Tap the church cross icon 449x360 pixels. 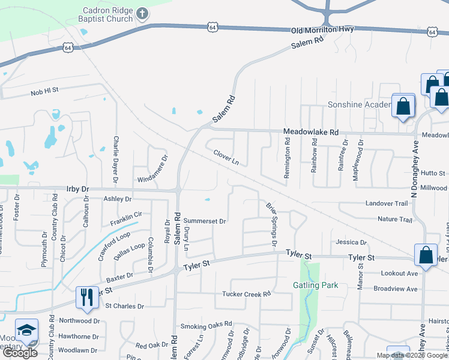click(x=142, y=13)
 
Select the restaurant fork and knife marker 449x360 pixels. click(x=86, y=297)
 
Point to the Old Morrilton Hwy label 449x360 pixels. click(x=323, y=29)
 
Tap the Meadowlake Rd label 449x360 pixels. click(x=311, y=132)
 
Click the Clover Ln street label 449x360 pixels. click(x=226, y=157)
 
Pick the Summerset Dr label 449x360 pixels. click(x=205, y=221)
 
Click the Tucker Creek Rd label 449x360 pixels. click(x=247, y=294)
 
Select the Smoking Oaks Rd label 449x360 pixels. click(x=205, y=326)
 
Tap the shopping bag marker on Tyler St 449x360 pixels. click(x=425, y=255)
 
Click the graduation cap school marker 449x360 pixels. click(x=25, y=330)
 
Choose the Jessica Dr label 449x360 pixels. click(x=351, y=242)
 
